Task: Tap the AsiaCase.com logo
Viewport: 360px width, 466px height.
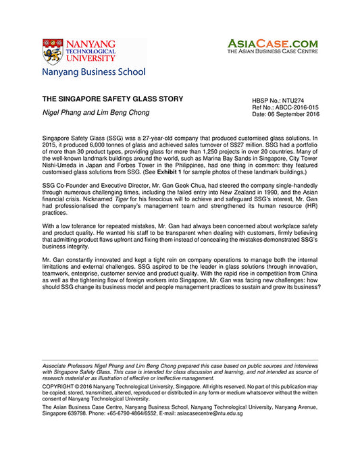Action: pyautogui.click(x=272, y=43)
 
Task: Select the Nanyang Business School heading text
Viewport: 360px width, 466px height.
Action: pyautogui.click(x=93, y=72)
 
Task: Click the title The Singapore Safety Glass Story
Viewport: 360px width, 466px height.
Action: pyautogui.click(x=112, y=99)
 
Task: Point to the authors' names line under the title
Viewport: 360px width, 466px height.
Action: pyautogui.click(x=96, y=112)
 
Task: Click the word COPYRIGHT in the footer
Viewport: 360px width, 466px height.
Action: pyautogui.click(x=59, y=386)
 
